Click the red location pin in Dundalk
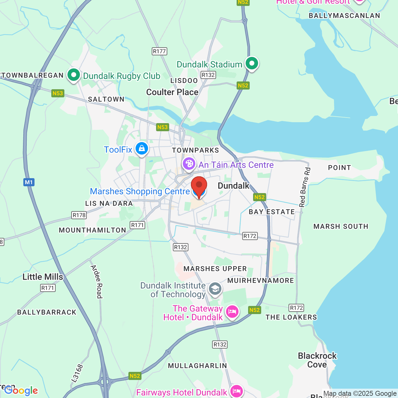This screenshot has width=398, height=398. [199, 185]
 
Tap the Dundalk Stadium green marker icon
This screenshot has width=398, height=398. [252, 63]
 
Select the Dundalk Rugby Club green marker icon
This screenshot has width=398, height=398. [74, 75]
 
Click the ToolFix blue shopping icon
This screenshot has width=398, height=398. [142, 149]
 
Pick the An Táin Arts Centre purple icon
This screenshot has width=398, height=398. [189, 164]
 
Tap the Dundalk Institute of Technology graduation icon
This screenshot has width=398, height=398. [215, 289]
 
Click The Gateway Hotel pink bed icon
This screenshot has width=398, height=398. [232, 312]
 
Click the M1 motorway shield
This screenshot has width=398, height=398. [29, 182]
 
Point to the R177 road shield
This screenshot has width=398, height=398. [160, 51]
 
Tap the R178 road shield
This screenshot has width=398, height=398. [79, 215]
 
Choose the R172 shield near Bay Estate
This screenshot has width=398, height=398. [250, 236]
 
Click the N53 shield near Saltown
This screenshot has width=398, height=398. [58, 93]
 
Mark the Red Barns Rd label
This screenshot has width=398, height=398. [305, 187]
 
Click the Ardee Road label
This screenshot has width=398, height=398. [97, 281]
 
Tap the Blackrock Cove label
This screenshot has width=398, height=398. [317, 360]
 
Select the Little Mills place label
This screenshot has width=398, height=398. [43, 277]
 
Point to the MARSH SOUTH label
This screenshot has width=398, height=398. [341, 226]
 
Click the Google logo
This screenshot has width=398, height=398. [21, 391]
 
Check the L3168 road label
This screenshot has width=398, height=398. [77, 373]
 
